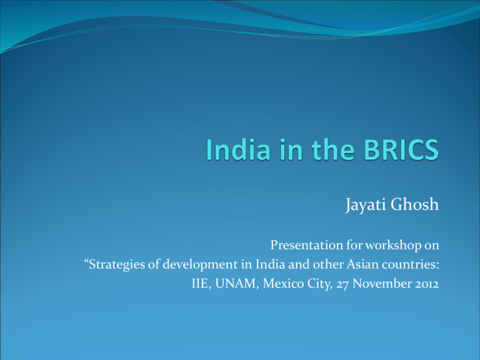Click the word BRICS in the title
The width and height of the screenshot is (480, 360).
[401, 149]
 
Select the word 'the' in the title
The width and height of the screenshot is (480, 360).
[333, 149]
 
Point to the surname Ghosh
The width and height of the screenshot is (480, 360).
[415, 204]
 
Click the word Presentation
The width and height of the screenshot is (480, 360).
[306, 245]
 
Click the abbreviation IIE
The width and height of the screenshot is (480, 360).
[200, 284]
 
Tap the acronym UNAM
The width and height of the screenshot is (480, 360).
[236, 284]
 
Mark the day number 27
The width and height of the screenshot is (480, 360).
[342, 284]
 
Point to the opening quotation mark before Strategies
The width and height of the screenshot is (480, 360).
[86, 261]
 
